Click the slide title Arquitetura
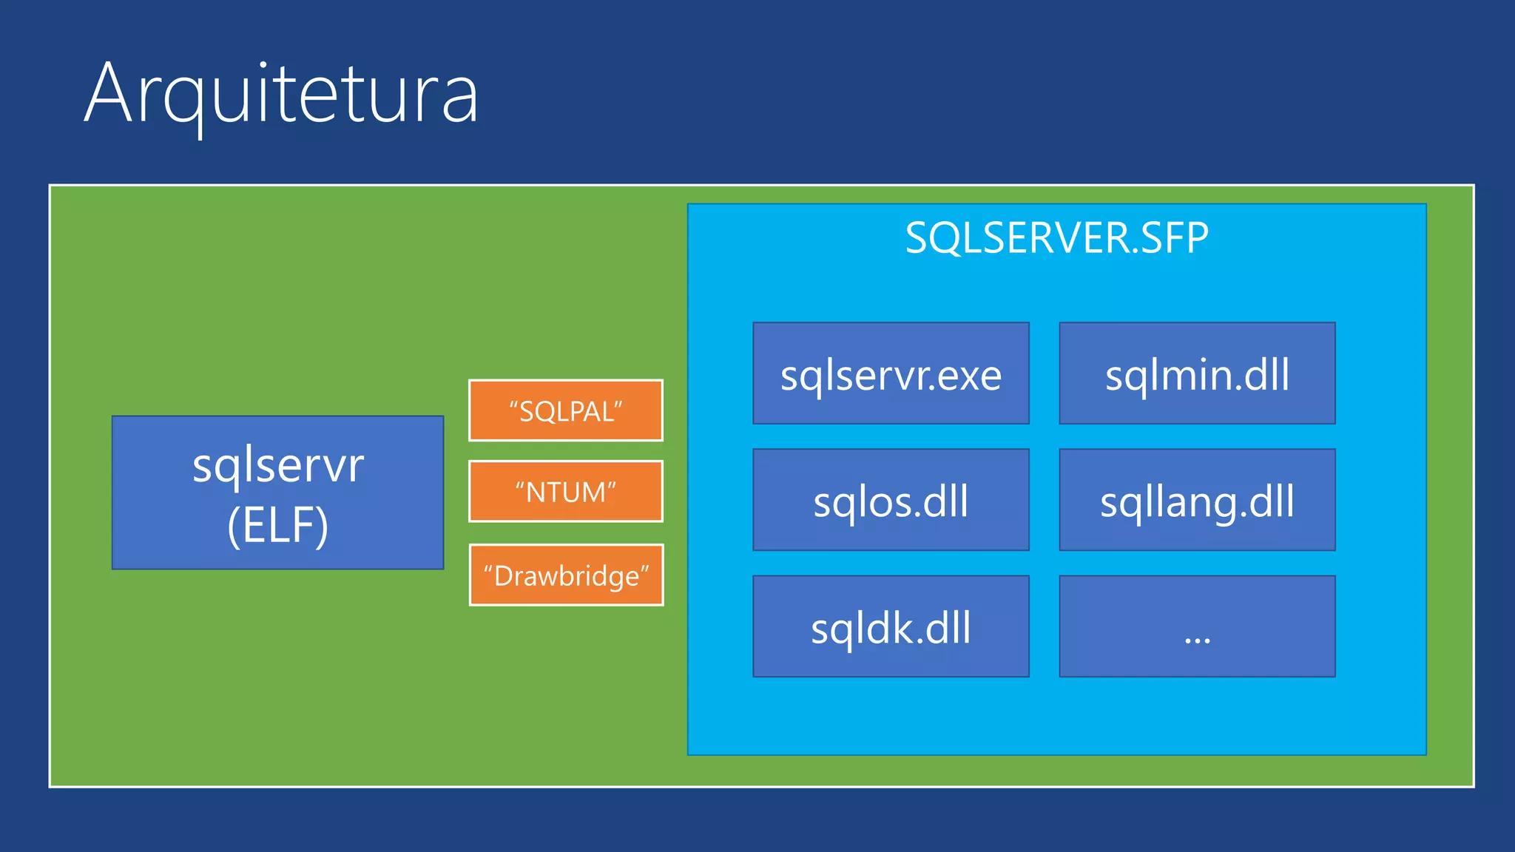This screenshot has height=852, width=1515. (x=281, y=95)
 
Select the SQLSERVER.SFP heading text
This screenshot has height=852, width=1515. (x=1056, y=238)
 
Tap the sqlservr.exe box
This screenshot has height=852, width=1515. (x=891, y=373)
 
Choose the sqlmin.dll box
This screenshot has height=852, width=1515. (x=1197, y=373)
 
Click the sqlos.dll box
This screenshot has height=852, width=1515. (x=891, y=501)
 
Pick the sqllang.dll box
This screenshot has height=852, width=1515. (x=1197, y=501)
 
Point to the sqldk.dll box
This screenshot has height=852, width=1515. (x=891, y=627)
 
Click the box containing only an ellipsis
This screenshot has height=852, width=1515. (x=1197, y=627)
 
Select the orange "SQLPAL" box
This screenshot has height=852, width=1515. (x=566, y=411)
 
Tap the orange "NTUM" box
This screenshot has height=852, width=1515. (x=566, y=492)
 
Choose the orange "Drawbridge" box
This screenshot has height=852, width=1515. (x=566, y=575)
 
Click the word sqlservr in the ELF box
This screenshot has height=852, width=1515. (x=278, y=466)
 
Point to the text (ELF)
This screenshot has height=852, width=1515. (x=278, y=525)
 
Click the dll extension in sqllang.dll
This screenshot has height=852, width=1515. (x=1270, y=501)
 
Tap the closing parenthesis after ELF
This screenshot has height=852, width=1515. (x=323, y=526)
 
